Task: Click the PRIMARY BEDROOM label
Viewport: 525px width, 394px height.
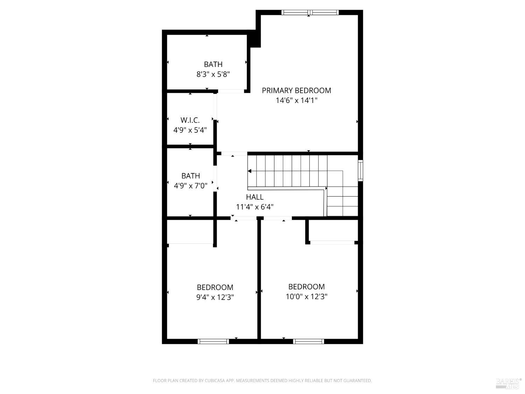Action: pos(296,90)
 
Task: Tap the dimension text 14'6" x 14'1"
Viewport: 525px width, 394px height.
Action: pos(296,101)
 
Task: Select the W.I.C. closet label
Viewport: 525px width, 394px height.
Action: pos(190,120)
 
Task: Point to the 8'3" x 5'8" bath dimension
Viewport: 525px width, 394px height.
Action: pos(213,74)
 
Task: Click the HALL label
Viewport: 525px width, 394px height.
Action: pos(254,197)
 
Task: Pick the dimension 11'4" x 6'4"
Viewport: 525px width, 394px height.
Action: pos(254,207)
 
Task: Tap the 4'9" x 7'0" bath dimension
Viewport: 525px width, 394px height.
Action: pos(190,186)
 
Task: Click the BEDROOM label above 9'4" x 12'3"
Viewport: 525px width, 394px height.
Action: pos(215,287)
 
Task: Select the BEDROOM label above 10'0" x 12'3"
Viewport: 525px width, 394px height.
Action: pos(306,286)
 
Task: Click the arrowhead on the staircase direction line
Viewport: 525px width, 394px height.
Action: pos(250,171)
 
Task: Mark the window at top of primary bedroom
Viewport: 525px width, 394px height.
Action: pos(310,13)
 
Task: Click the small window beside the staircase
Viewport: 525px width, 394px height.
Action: pos(360,171)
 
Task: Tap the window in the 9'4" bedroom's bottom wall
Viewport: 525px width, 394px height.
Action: pos(213,341)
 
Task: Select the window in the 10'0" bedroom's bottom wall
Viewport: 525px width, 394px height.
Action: pos(308,341)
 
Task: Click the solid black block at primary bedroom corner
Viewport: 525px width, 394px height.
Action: pos(254,39)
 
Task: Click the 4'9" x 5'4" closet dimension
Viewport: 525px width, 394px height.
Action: pos(190,130)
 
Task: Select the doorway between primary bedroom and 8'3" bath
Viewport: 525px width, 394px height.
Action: pos(231,91)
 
